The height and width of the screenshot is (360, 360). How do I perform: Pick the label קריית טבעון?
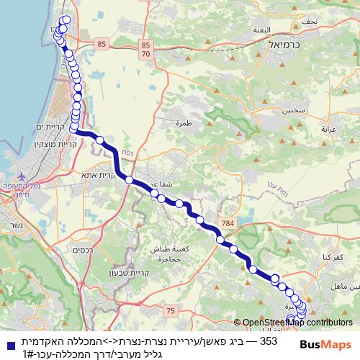(x=106, y=273)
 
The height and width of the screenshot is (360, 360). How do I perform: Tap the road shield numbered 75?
(x=171, y=310)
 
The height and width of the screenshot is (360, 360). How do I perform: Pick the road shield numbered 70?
(x=146, y=54)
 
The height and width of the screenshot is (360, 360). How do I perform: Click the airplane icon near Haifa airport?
(x=21, y=176)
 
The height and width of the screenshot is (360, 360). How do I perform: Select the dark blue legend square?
(x=7, y=341)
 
